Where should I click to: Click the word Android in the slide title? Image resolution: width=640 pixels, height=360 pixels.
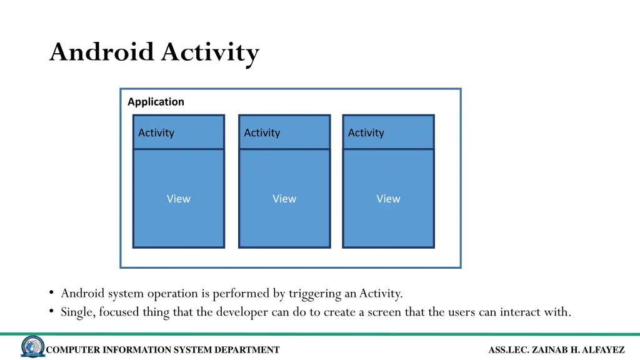click(102, 52)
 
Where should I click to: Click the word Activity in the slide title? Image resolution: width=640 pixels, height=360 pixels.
click(210, 53)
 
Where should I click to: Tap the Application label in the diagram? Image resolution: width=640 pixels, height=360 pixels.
click(156, 102)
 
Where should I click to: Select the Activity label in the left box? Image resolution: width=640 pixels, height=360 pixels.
click(156, 132)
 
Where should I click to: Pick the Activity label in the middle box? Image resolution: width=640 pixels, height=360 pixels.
click(262, 132)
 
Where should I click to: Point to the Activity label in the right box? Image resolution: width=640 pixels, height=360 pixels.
click(366, 132)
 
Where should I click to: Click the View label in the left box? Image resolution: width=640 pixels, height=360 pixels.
click(178, 199)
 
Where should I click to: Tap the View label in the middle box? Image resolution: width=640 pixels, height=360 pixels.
click(284, 199)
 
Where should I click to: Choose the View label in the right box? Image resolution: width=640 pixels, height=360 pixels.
click(388, 199)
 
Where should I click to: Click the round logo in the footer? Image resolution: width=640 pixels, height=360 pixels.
click(32, 347)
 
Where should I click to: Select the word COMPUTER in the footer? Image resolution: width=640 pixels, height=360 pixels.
click(73, 350)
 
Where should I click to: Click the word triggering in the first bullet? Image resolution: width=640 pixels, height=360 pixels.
click(315, 294)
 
